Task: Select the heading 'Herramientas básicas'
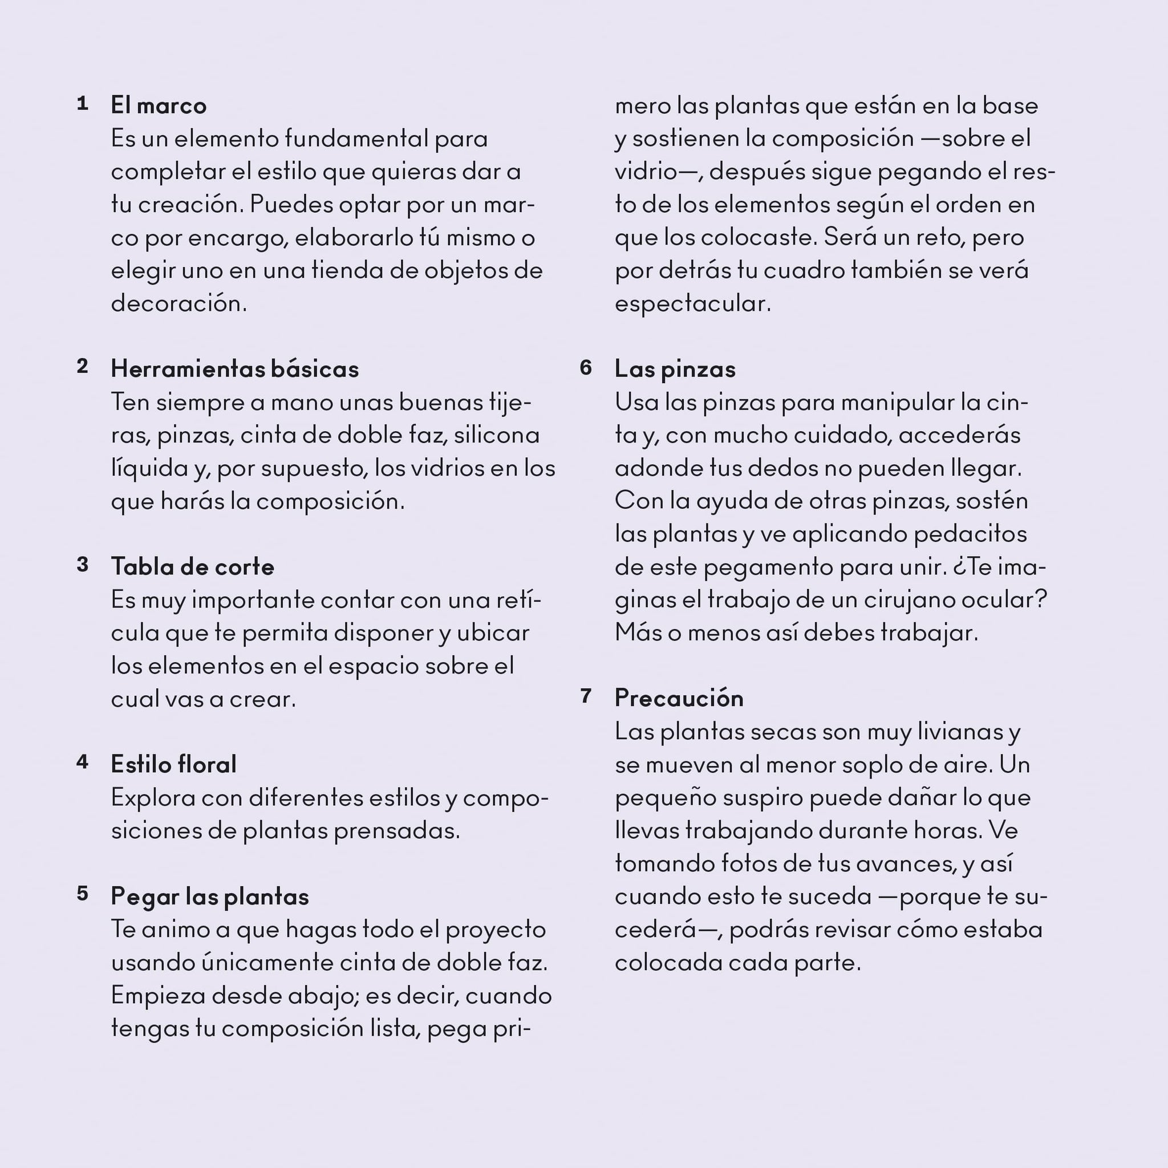tap(234, 369)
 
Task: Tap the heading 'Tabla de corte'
tap(192, 566)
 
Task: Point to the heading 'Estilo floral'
tap(173, 764)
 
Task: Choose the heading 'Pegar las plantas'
tap(210, 896)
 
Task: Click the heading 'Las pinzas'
tap(675, 369)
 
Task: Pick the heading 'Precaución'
tap(679, 698)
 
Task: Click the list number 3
tap(83, 564)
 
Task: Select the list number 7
tap(585, 696)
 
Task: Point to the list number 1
tap(83, 103)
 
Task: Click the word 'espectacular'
tap(692, 303)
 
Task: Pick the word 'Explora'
tap(153, 798)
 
